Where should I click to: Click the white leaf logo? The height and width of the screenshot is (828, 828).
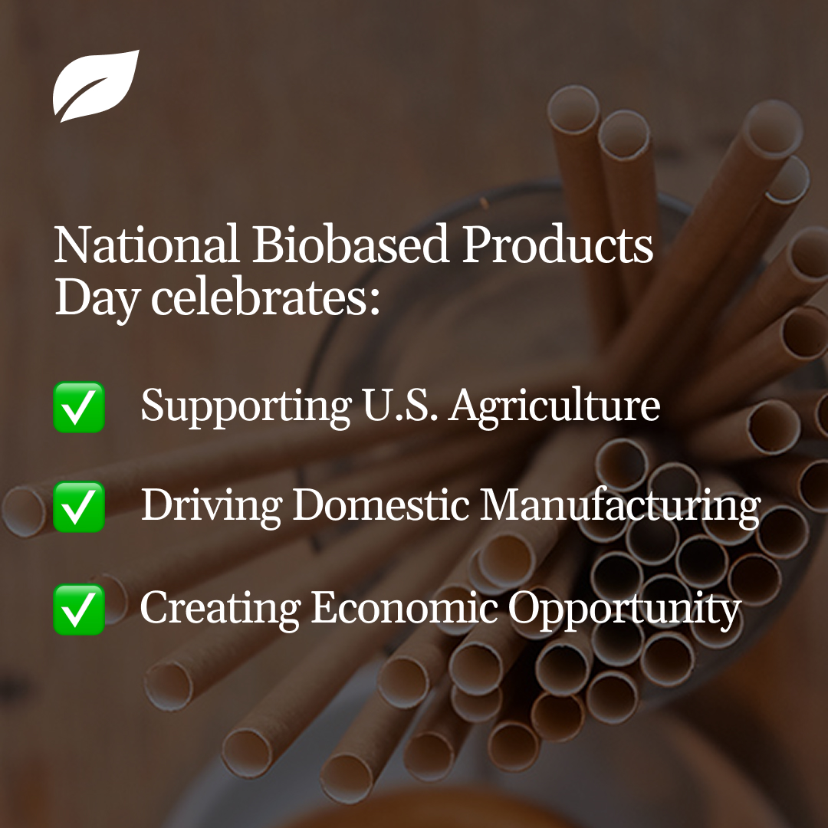pyautogui.click(x=96, y=85)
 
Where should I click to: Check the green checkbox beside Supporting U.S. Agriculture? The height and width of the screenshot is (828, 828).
pyautogui.click(x=79, y=407)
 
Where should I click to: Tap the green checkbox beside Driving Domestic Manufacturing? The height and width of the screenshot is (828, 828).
pyautogui.click(x=79, y=507)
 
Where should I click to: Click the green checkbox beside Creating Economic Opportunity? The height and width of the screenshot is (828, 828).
pyautogui.click(x=79, y=609)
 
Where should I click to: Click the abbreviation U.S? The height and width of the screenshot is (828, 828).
pyautogui.click(x=399, y=406)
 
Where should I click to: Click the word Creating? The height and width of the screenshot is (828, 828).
pyautogui.click(x=220, y=609)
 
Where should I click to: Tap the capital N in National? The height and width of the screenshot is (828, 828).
pyautogui.click(x=73, y=245)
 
